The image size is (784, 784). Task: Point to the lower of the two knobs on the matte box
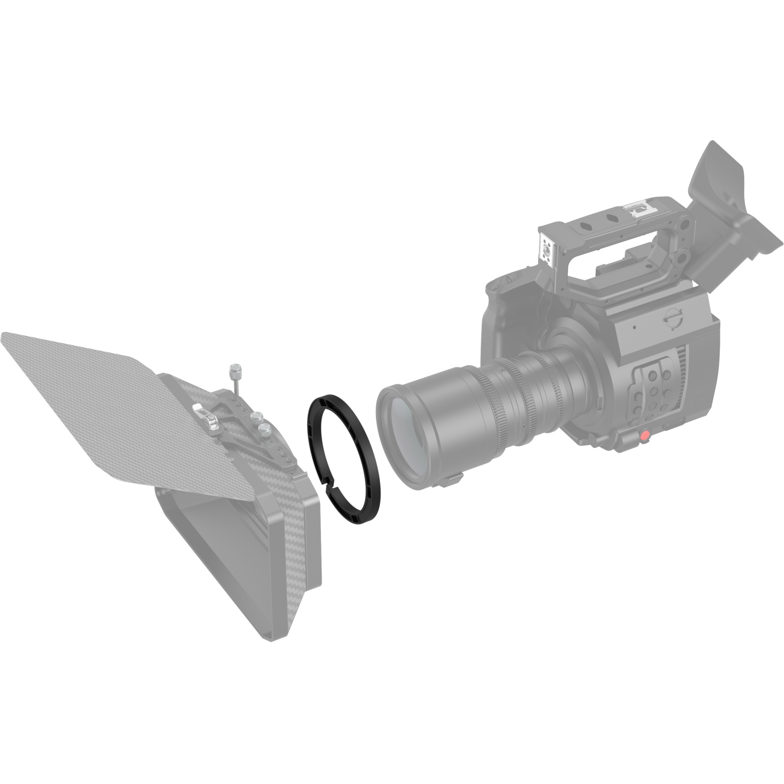coord(265,431)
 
